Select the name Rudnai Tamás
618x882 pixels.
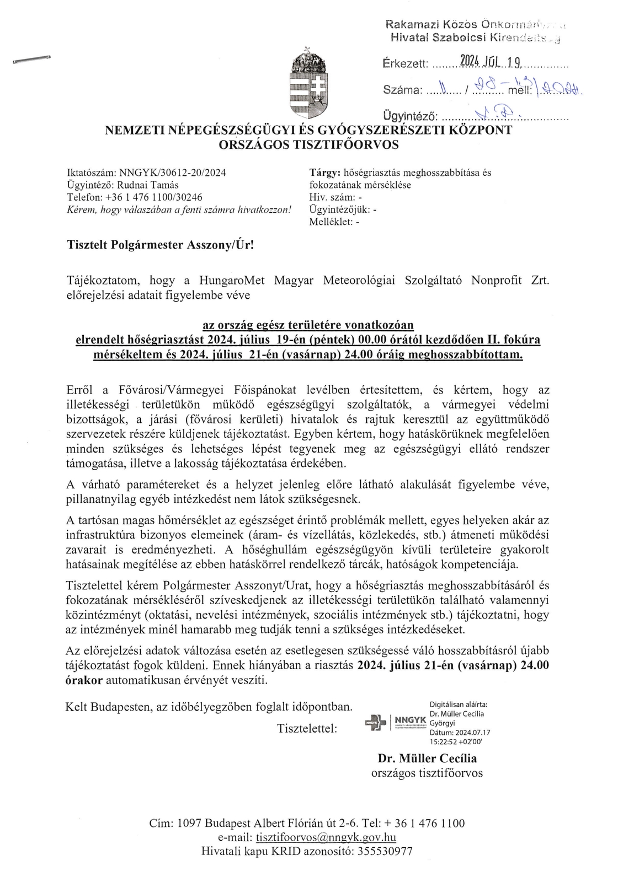[147, 185]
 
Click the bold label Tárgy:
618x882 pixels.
[326, 173]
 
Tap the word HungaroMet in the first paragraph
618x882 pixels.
[232, 280]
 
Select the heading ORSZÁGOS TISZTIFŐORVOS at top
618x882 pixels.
[308, 145]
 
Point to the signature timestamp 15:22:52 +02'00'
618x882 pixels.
[460, 742]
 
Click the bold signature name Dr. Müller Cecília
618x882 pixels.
[427, 758]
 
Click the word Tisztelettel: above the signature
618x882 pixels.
[307, 728]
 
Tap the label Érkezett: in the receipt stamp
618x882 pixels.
[405, 64]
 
